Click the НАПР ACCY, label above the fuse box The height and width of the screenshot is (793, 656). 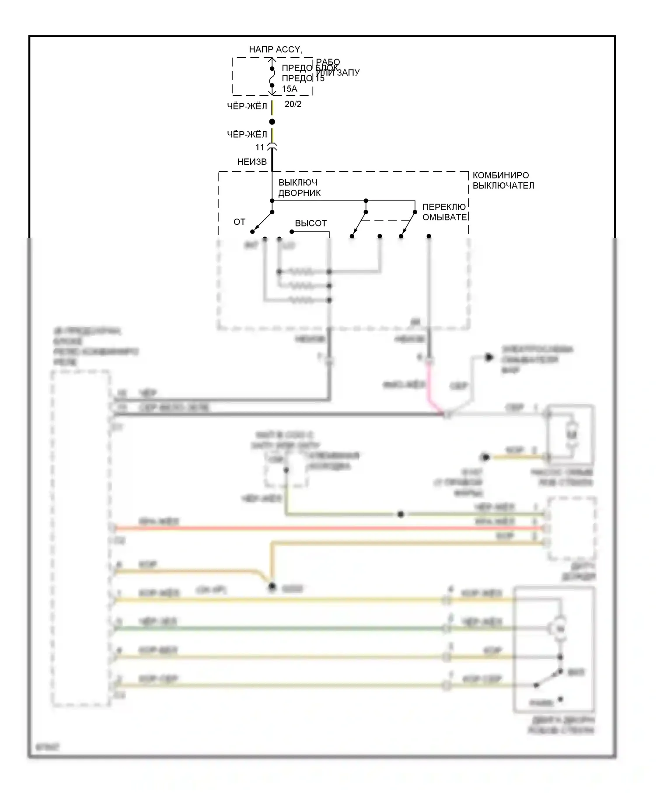pos(276,49)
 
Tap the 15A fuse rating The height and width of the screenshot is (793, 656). pos(290,89)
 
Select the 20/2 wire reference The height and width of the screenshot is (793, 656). pos(293,104)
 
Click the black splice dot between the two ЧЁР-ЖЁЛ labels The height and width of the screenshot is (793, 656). pos(272,122)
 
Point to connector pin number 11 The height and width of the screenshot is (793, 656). pos(260,147)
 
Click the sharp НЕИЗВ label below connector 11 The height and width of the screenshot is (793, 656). pos(252,162)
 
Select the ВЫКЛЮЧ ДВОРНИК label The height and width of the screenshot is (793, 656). pos(300,188)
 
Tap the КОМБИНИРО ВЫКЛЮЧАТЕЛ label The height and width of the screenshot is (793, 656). pos(503,181)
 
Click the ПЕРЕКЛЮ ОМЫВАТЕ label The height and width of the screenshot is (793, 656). pos(444,212)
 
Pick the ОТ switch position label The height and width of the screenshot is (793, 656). pos(239,222)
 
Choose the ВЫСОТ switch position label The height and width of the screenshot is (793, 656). pos(311,223)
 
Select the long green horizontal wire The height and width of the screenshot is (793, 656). pos(280,629)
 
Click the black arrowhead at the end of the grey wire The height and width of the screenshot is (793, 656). pos(489,358)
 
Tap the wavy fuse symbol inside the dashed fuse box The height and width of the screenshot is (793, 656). pos(272,77)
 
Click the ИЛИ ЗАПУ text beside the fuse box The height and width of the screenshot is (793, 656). pos(338,73)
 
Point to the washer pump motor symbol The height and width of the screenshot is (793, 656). pos(572,434)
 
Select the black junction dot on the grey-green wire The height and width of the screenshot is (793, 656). pos(401,515)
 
